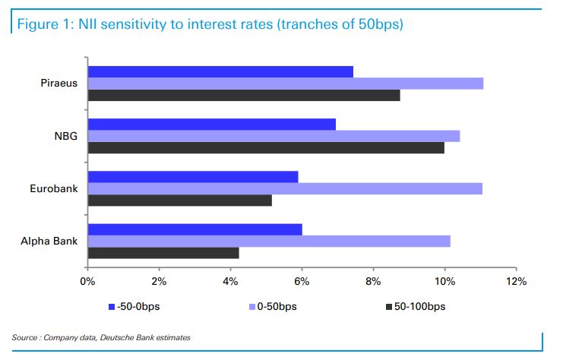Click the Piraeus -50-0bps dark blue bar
220,71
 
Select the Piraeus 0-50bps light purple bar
286,84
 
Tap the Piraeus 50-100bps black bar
244,95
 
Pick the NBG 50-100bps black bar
266,147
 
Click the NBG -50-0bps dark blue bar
212,124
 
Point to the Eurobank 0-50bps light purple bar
285,188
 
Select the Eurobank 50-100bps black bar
180,201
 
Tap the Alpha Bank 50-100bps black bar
163,253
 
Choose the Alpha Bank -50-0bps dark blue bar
195,229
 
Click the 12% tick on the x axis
516,282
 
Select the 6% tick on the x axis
302,282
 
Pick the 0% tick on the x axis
88,282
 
